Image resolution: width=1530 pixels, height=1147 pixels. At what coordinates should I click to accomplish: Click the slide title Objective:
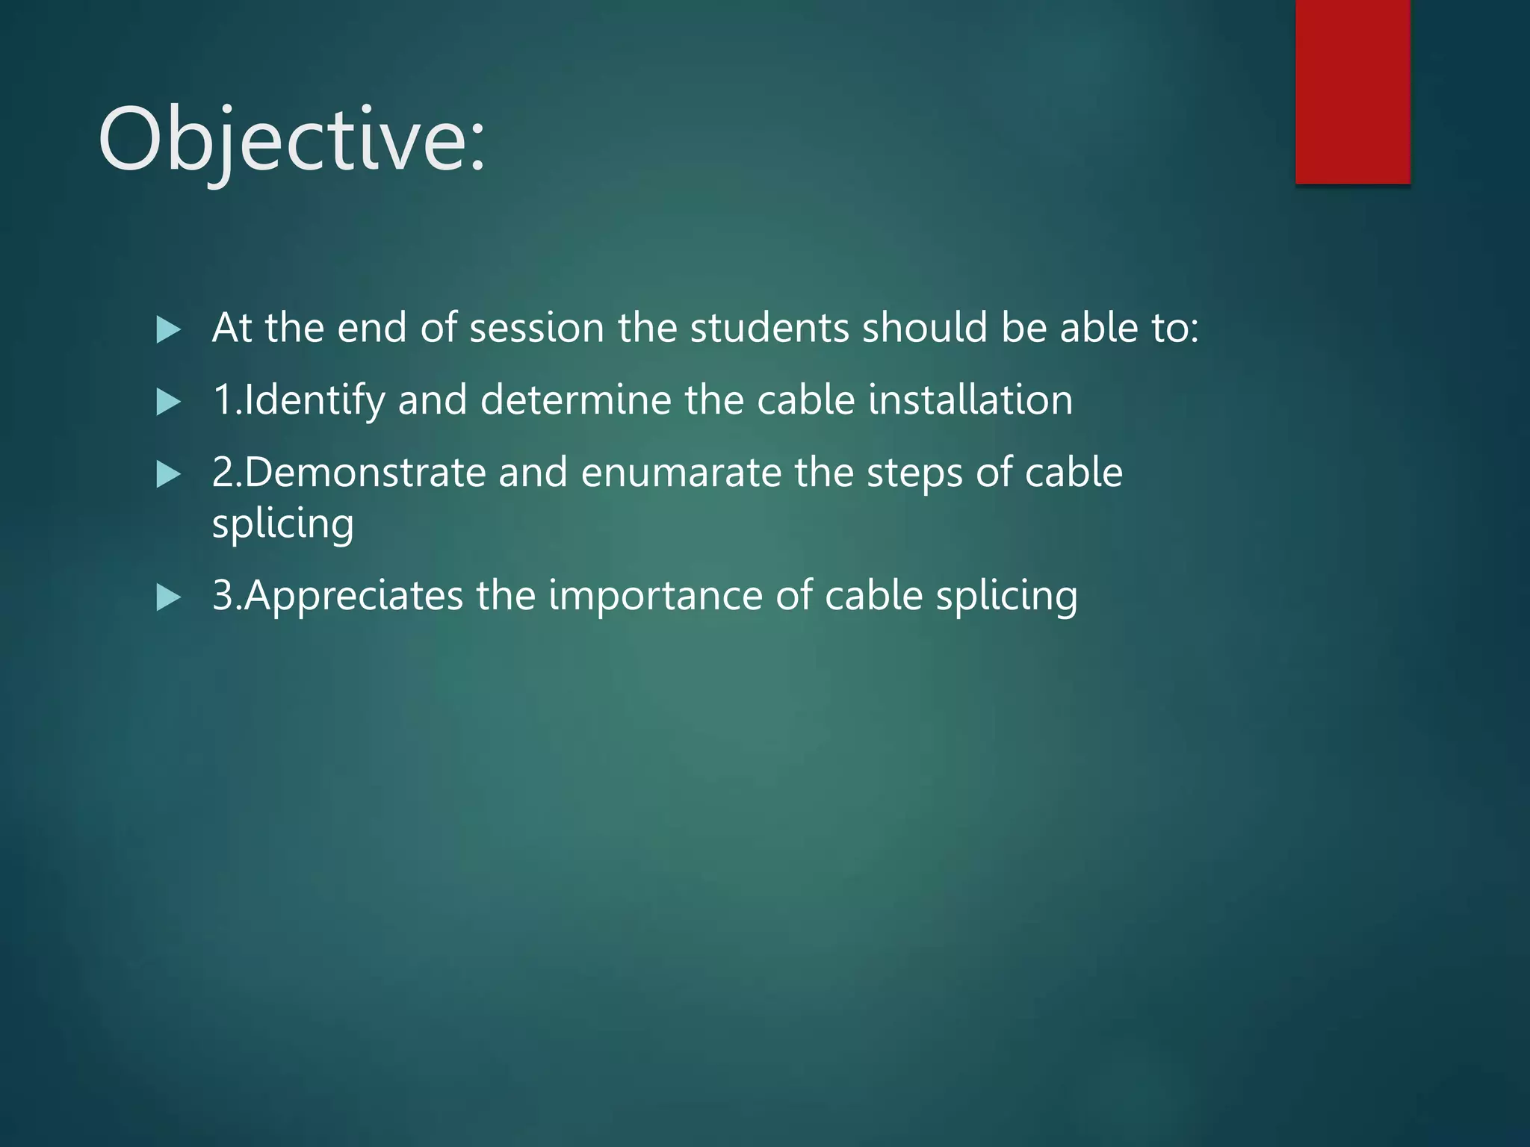tap(291, 140)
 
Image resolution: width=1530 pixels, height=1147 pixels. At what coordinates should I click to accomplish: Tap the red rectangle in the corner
tap(1352, 91)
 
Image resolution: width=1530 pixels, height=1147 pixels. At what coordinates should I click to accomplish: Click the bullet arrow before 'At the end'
tap(169, 329)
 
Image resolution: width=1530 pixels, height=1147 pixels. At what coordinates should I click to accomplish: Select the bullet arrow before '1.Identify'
tap(169, 402)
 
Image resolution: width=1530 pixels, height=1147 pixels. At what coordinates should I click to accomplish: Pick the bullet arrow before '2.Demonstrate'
tap(169, 474)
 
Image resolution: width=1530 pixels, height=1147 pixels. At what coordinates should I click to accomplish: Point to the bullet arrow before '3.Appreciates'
tap(169, 597)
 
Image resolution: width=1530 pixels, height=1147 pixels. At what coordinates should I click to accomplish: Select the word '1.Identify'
tap(299, 400)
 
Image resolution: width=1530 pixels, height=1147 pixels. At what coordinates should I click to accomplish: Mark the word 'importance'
tap(655, 596)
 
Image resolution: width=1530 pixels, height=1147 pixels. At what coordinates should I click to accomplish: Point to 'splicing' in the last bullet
tap(1006, 596)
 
